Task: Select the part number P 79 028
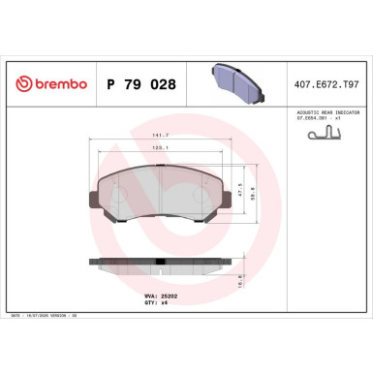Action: click(x=139, y=85)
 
